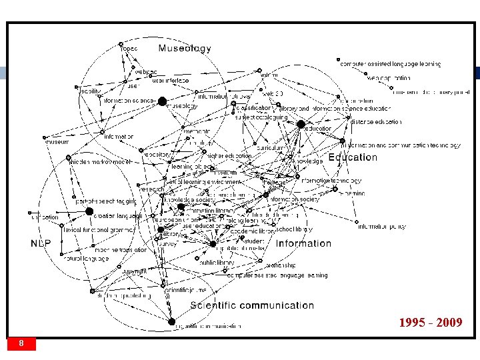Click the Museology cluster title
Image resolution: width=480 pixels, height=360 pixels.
[184, 48]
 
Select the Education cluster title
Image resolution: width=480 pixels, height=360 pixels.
[353, 157]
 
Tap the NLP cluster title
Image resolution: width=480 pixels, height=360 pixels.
[41, 243]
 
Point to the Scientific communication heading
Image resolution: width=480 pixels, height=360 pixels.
[252, 305]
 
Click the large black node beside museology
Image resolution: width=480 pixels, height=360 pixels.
[162, 101]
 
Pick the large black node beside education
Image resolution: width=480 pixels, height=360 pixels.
[301, 124]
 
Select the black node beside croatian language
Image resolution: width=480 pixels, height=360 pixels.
[89, 211]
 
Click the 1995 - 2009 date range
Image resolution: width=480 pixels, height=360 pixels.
[431, 323]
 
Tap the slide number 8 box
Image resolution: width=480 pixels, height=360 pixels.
[22, 343]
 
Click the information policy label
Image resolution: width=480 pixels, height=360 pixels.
[382, 227]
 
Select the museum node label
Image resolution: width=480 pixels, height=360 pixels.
[57, 142]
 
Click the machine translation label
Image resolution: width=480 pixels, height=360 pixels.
[121, 250]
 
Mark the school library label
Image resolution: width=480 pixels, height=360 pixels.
[293, 229]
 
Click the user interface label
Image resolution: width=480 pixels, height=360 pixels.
[170, 81]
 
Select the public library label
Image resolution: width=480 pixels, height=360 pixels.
[215, 262]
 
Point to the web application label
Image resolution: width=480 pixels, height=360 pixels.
[388, 78]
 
